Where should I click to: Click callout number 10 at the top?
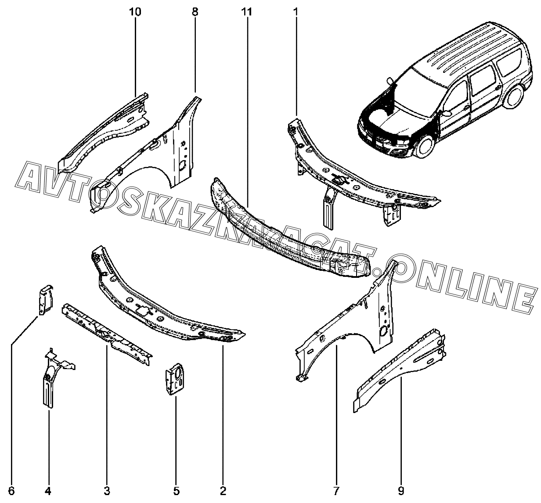pos(135,12)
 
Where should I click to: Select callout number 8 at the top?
pos(195,12)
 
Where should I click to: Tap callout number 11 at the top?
pos(247,12)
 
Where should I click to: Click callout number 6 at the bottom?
pos(11,491)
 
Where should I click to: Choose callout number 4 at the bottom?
pos(48,491)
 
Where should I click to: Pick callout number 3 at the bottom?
pos(107,491)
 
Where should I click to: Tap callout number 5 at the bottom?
pos(176,491)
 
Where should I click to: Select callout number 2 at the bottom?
pos(223,491)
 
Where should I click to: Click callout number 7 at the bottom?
pos(337,491)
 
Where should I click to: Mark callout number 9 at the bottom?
pos(401,491)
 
